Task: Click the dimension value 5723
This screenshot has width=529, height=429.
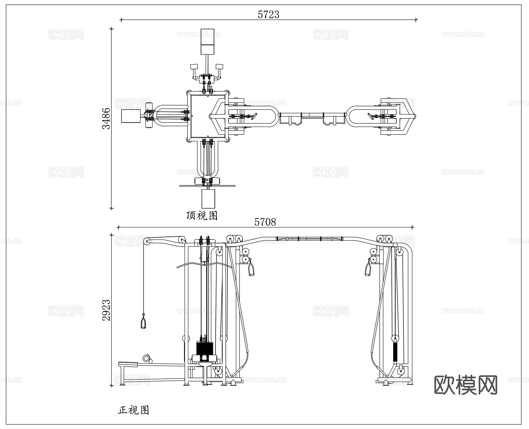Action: [268, 14]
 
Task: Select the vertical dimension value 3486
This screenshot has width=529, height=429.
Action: [106, 118]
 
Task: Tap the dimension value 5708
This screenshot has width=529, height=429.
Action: [265, 222]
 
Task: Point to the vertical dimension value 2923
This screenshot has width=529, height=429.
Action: [106, 310]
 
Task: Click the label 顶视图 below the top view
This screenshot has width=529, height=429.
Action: [202, 216]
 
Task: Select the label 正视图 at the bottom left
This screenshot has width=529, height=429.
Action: [133, 410]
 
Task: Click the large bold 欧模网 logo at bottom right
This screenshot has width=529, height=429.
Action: [466, 385]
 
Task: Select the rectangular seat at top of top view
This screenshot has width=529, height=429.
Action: [208, 41]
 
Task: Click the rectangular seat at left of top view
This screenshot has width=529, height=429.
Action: [131, 116]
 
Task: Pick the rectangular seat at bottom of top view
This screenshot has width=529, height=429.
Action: [208, 199]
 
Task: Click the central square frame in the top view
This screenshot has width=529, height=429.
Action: [208, 116]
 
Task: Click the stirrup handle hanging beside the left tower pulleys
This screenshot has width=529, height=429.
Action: [252, 269]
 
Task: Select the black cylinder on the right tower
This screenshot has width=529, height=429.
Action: [395, 351]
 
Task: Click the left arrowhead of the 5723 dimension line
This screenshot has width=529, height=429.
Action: [121, 20]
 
